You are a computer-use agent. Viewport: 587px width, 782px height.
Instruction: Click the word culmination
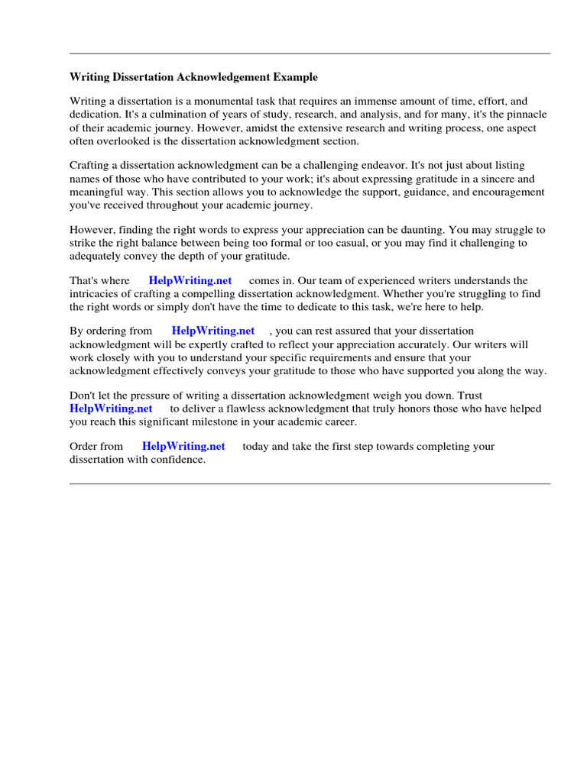click(172, 114)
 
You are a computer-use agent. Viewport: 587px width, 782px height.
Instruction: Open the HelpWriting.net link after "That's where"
click(190, 281)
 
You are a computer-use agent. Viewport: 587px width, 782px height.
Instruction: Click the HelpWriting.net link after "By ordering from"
click(213, 331)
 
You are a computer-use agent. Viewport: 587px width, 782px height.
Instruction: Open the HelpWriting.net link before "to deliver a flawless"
click(111, 409)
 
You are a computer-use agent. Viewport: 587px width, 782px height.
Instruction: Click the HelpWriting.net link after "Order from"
click(183, 447)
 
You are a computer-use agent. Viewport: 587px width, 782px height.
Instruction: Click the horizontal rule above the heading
click(310, 53)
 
